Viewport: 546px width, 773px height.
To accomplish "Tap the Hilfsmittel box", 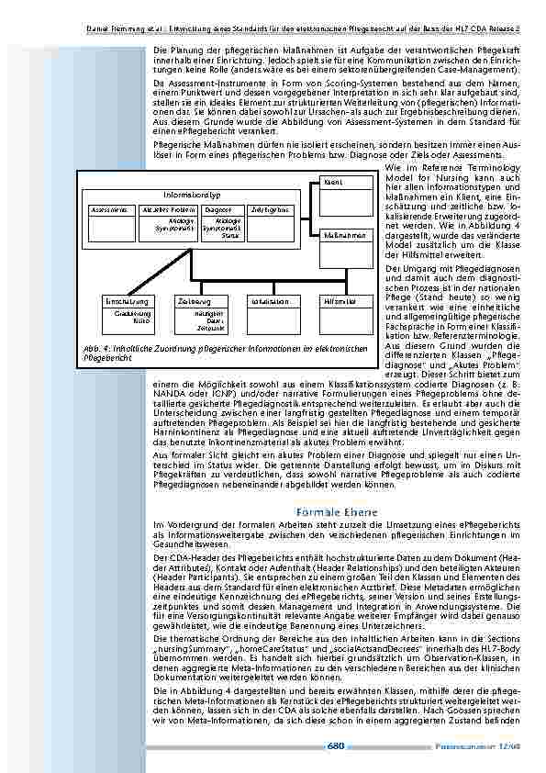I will tap(339, 300).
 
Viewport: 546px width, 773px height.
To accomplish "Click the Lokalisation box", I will tap(270, 300).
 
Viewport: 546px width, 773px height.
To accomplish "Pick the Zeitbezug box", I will tap(195, 300).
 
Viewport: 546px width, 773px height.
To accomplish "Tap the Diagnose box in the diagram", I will tap(217, 210).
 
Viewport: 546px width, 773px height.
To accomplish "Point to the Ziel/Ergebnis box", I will tap(265, 210).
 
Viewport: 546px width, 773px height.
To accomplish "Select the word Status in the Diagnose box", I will tap(228, 235).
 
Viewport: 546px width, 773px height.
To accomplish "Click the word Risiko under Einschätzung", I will tap(139, 321).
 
